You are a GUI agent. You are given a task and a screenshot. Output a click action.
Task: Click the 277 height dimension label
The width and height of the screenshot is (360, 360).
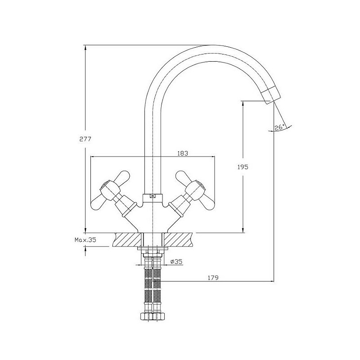(x=85, y=139)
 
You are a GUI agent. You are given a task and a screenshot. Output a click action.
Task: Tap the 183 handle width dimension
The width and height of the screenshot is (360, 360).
(x=183, y=153)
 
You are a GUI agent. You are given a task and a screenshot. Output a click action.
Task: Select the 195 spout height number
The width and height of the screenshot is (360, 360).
(x=243, y=167)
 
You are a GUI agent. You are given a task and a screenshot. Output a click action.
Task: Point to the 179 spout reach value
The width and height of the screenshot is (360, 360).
(x=213, y=278)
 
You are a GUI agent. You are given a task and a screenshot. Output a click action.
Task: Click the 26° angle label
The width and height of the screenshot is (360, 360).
(x=279, y=127)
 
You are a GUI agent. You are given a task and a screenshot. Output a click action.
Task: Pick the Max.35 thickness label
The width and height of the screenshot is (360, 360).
(x=85, y=240)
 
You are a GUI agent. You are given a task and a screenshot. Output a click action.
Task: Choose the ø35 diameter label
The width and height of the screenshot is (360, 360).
(x=176, y=261)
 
